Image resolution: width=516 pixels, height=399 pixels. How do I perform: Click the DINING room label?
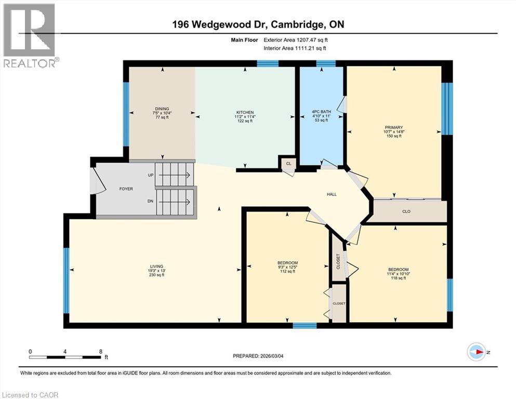pyautogui.click(x=161, y=109)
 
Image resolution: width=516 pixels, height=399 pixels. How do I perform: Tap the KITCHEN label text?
pyautogui.click(x=245, y=112)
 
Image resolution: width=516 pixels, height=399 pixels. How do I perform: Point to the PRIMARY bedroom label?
pyautogui.click(x=393, y=127)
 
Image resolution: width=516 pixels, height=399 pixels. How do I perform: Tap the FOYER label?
pyautogui.click(x=126, y=189)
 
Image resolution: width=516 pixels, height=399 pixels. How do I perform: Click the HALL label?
pyautogui.click(x=332, y=194)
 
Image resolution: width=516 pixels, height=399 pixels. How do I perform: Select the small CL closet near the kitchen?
pyautogui.click(x=288, y=163)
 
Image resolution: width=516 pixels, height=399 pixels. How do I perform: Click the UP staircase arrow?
pyautogui.click(x=174, y=175)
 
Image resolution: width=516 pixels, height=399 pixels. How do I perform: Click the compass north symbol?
pyautogui.click(x=476, y=352)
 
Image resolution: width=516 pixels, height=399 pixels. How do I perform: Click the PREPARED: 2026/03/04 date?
pyautogui.click(x=258, y=356)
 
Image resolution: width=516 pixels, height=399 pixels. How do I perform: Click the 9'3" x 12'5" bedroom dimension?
pyautogui.click(x=287, y=267)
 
